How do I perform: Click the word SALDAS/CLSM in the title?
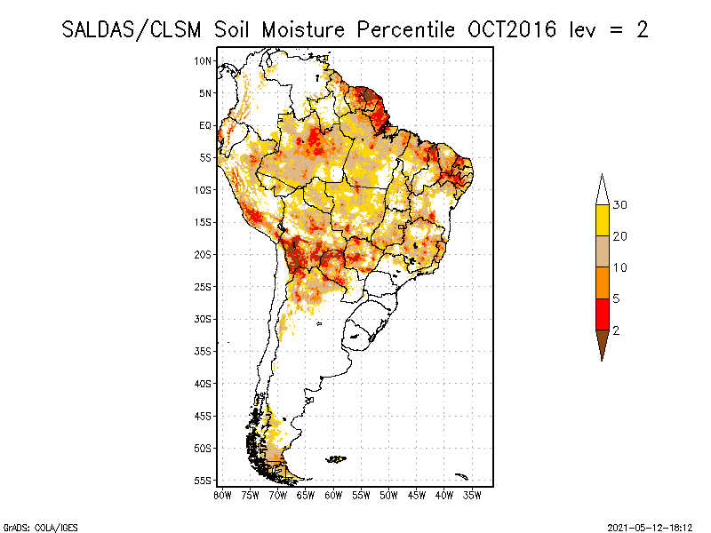[132, 30]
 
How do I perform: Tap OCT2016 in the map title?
[512, 30]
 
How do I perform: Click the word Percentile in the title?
[406, 30]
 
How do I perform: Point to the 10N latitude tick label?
[203, 61]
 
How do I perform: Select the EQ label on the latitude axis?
[205, 125]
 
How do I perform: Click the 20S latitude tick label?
[203, 255]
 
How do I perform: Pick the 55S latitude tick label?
[203, 481]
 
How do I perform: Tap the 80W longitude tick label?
[222, 496]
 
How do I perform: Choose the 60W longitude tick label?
[333, 496]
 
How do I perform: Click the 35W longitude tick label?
[472, 496]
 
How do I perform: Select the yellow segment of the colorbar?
[603, 220]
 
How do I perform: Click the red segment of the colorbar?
[603, 314]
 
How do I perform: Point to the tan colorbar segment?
[603, 251]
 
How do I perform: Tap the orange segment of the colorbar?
[603, 283]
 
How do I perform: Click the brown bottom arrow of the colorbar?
[603, 343]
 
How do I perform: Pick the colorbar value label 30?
[619, 205]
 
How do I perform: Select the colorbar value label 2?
[616, 330]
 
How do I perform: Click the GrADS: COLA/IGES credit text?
[41, 528]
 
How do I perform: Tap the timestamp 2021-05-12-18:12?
[650, 528]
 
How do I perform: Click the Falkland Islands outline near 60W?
[336, 459]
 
